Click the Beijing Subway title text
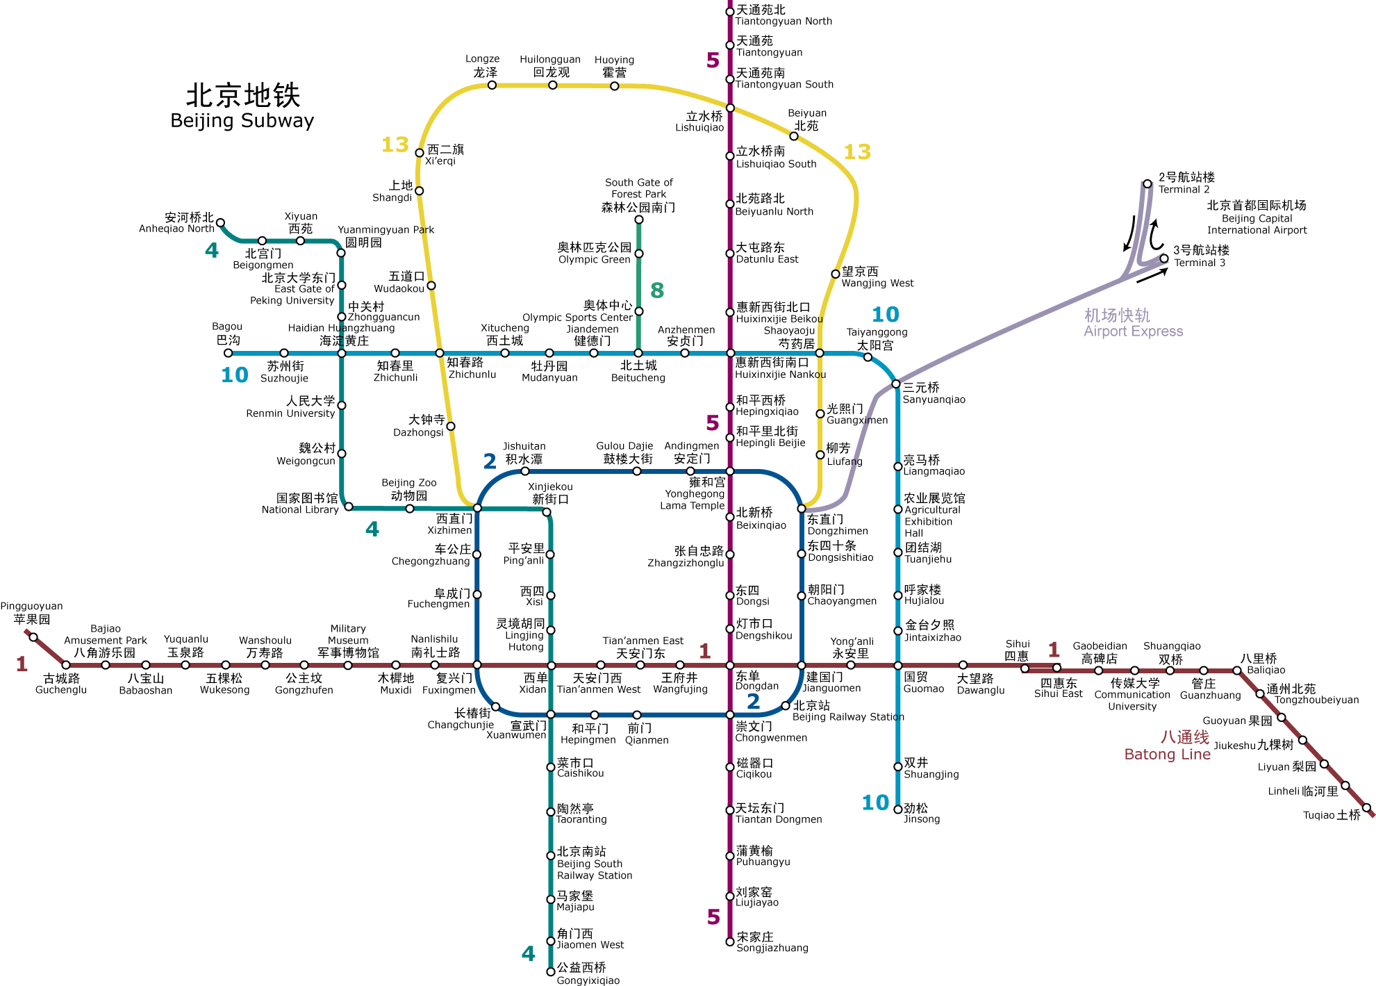click(242, 106)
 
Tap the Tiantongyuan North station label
click(784, 15)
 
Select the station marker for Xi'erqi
click(420, 153)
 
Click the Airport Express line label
click(1133, 323)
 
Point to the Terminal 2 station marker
click(1147, 184)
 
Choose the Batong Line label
click(1168, 746)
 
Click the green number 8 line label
click(657, 290)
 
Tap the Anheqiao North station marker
click(220, 223)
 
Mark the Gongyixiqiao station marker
click(551, 971)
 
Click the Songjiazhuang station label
click(772, 942)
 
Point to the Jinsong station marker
click(897, 809)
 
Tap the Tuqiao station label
click(1332, 815)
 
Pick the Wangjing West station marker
click(836, 274)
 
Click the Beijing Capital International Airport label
click(1257, 217)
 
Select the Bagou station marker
click(228, 353)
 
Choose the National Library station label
click(300, 504)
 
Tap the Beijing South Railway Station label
click(595, 863)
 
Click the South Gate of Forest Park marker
click(639, 220)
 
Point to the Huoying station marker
click(614, 86)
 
